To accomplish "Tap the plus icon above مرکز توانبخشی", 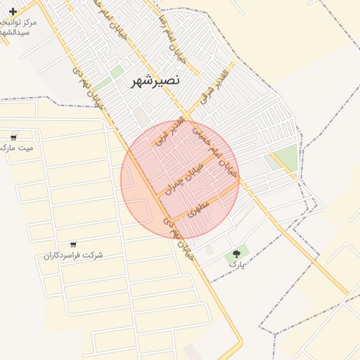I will pos(13,11).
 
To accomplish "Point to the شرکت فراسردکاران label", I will pos(72,255).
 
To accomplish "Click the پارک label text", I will pos(238,267).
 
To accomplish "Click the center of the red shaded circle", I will pos(180,180).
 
